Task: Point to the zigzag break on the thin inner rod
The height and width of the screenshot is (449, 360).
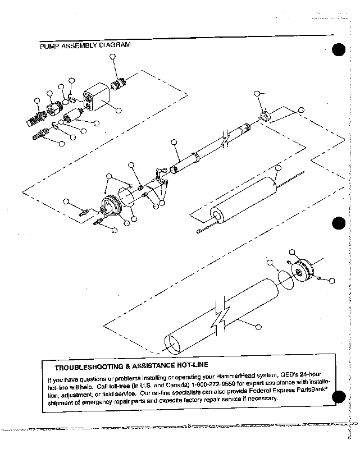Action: click(226, 139)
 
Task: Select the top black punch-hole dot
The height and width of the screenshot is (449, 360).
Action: click(338, 51)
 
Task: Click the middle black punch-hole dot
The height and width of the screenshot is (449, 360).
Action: click(338, 223)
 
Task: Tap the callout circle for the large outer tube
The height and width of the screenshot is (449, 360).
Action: click(258, 326)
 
